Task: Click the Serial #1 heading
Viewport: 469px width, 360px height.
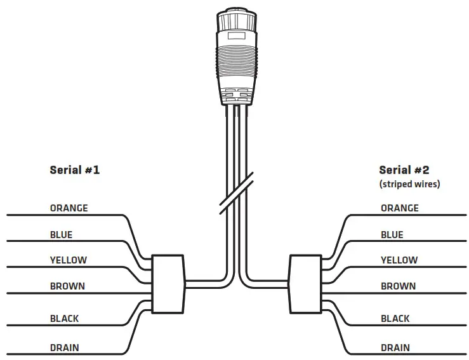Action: [x=74, y=170]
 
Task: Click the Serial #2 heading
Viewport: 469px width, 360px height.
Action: [x=404, y=170]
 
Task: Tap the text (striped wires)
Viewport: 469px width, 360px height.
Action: [x=409, y=185]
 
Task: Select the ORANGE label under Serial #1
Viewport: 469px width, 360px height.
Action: [x=69, y=208]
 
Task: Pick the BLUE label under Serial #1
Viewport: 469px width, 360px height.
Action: [x=61, y=235]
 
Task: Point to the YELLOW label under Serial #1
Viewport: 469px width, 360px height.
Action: [x=69, y=260]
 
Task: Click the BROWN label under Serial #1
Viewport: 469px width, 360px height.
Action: [x=67, y=286]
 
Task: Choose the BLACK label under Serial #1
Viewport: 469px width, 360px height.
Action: [x=65, y=318]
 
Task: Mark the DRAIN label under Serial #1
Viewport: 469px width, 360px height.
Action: [x=65, y=348]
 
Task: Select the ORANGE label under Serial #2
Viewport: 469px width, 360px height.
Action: [x=399, y=208]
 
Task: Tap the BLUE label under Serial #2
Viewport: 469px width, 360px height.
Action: [x=392, y=235]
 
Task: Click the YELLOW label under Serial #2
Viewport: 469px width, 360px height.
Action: [x=399, y=260]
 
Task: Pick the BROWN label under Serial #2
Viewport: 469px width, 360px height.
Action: [x=398, y=286]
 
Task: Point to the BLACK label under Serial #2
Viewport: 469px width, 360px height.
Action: [x=395, y=318]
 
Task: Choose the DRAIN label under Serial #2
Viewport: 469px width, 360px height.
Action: [x=395, y=348]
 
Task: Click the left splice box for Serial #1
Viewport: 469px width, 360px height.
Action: [x=168, y=284]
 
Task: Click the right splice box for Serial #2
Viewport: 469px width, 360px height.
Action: [x=305, y=284]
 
